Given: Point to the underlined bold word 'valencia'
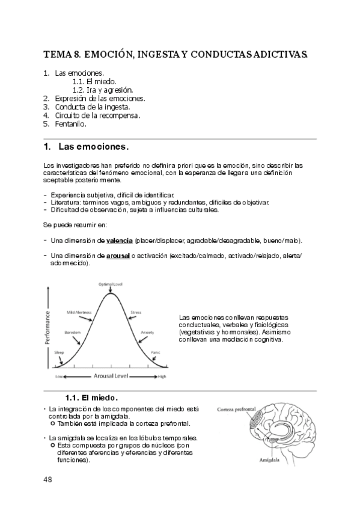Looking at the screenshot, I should click(120, 241).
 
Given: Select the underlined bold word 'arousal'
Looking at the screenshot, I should click(118, 256).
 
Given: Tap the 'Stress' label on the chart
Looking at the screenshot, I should click(136, 313).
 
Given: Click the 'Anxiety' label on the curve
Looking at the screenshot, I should click(147, 332).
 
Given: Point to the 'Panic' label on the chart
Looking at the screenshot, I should click(156, 352).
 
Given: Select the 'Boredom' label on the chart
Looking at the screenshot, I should click(72, 332).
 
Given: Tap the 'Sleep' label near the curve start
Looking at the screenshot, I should click(59, 352).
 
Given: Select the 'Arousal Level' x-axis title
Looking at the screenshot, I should click(111, 376).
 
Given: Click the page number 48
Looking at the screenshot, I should click(48, 479).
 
